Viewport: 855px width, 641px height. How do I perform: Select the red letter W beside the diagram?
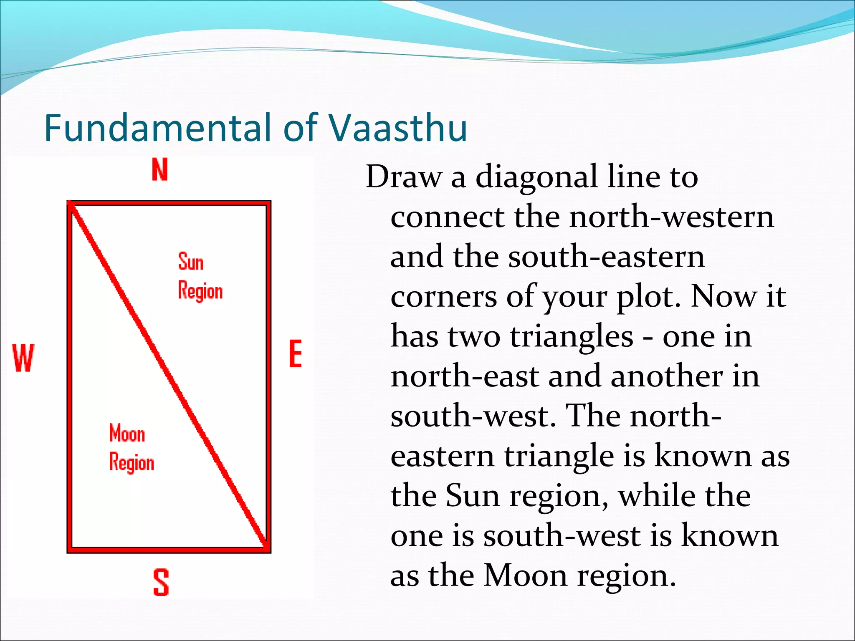point(23,358)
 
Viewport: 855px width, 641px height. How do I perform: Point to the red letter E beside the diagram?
point(296,353)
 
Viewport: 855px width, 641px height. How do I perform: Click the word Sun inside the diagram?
point(191,262)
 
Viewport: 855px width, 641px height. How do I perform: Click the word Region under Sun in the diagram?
point(200,291)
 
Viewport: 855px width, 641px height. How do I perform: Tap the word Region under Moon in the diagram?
point(132,463)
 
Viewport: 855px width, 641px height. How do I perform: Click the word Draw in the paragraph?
point(403,177)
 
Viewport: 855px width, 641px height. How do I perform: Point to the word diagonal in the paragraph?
point(536,177)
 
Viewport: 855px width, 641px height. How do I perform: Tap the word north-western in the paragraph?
point(672,217)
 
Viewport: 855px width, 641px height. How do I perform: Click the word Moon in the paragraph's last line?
point(526,575)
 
